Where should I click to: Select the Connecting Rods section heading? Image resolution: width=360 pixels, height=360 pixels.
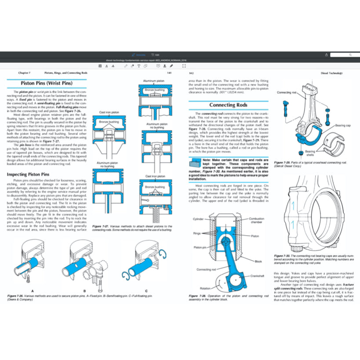coord(228,105)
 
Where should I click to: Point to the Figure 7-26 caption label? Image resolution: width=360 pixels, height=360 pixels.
coord(17,297)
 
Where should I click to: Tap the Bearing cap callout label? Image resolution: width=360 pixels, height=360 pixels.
coord(343,126)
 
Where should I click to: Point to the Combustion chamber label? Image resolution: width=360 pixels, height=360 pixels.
coord(257,220)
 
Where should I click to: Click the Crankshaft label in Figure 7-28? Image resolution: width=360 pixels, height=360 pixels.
coord(257,275)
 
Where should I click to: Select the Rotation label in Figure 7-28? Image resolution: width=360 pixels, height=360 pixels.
coord(205,288)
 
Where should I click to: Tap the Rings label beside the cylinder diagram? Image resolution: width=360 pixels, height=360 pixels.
coord(196,233)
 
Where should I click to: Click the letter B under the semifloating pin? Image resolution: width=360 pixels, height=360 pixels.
coord(84,291)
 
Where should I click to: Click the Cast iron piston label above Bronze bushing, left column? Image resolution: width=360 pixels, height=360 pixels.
coord(108,113)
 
